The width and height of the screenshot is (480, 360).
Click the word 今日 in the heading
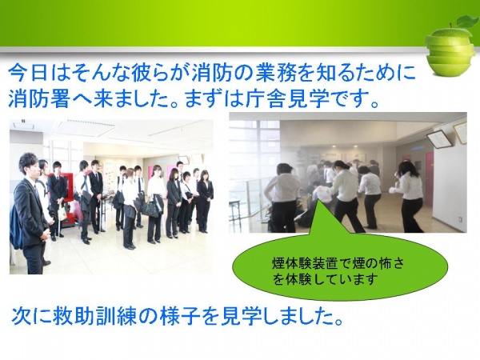(27, 74)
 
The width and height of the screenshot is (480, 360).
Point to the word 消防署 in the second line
(38, 98)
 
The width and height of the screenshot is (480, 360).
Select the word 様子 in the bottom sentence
(180, 318)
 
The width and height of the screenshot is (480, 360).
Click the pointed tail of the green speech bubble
(317, 201)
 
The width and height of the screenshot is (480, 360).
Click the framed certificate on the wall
(440, 138)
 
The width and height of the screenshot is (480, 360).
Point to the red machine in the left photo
(66, 196)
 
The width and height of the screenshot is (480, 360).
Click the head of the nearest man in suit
(29, 166)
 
